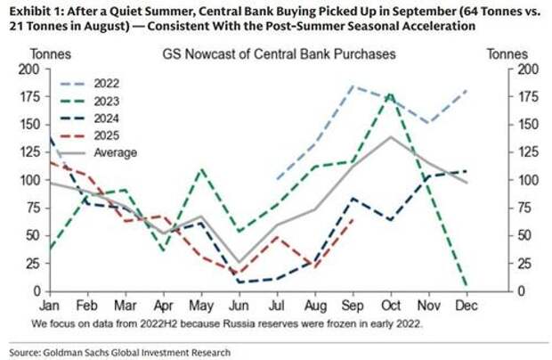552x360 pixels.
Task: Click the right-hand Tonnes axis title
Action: pos(507,53)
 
